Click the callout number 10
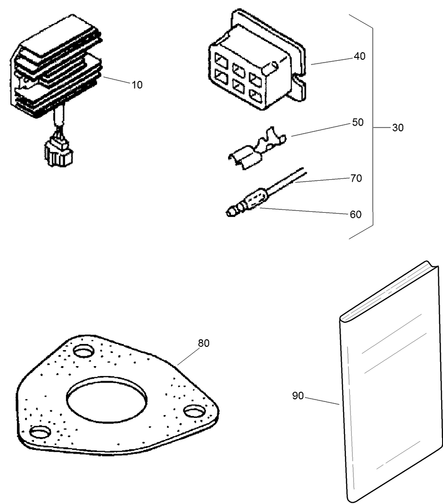pos(137,85)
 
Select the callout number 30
pos(398,128)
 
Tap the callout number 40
pos(360,56)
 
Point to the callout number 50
pos(358,122)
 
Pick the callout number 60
pos(356,215)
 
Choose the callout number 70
pos(356,178)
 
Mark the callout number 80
pos(204,343)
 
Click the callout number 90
pos(298,396)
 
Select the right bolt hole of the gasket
pos(193,411)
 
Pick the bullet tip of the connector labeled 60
pos(230,213)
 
